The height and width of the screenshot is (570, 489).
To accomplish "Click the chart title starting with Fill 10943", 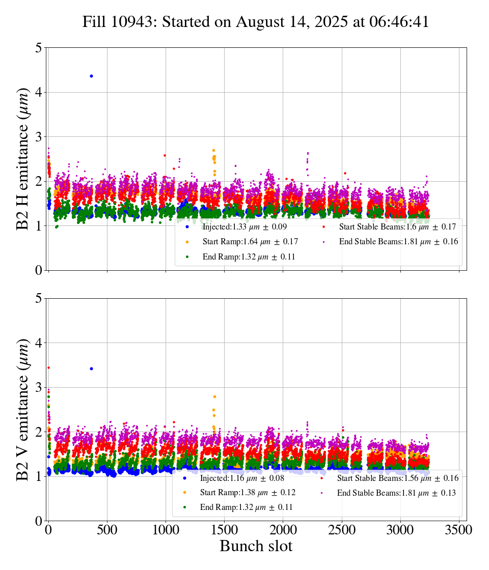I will point(256,22).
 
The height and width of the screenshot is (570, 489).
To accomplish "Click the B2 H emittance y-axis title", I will point(23,159).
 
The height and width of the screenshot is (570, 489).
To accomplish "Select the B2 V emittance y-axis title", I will point(23,409).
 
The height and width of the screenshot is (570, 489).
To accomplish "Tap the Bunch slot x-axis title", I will point(256,546).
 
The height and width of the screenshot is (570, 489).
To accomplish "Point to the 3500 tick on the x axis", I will point(459,530).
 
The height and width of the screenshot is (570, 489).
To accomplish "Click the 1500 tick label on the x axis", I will point(225,530).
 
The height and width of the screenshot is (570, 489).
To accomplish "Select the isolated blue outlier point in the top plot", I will point(91,76).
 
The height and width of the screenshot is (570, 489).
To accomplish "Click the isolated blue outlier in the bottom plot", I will point(91,368).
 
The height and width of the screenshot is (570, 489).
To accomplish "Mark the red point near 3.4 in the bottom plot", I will point(48,367).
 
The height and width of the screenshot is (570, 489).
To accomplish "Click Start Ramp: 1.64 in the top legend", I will point(250,242).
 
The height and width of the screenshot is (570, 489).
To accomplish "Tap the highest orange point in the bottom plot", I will point(214,396).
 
